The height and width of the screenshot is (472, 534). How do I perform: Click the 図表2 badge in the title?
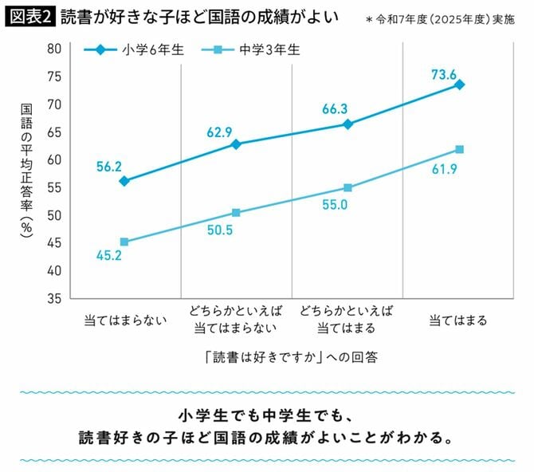(x=30, y=16)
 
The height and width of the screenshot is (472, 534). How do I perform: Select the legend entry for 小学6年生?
(x=136, y=49)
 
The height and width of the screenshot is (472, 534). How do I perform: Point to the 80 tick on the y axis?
(x=54, y=49)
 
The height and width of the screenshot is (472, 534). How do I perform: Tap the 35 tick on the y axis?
(x=54, y=299)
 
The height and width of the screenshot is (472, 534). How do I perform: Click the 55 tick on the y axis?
(x=54, y=188)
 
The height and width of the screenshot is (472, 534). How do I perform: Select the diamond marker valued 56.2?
(x=124, y=181)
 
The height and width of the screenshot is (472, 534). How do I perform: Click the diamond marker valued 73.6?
(x=460, y=85)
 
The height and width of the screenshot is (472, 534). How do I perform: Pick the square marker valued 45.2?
(x=124, y=242)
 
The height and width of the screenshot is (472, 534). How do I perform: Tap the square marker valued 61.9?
(x=460, y=149)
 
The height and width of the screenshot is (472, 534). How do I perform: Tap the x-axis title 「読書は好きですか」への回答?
(x=291, y=358)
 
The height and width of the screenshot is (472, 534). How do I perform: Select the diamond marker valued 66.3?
(x=348, y=124)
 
